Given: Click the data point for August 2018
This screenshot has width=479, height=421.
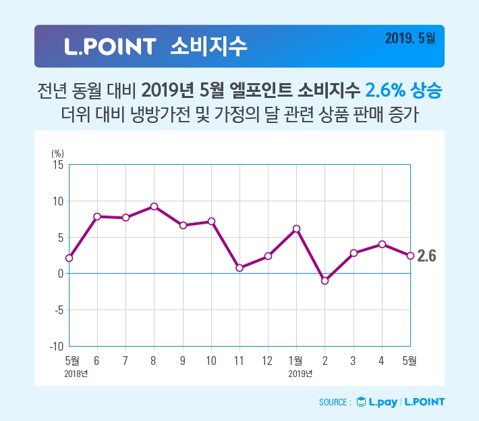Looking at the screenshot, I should [x=154, y=206].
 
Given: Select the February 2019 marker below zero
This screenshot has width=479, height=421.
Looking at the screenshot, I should [x=325, y=280].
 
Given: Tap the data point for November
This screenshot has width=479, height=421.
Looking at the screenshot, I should [x=239, y=268].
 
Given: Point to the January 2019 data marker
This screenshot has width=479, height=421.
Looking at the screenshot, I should [x=296, y=228].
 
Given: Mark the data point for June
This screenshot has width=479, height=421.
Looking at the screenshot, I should [x=97, y=216].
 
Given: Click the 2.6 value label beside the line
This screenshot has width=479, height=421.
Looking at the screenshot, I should [x=427, y=256].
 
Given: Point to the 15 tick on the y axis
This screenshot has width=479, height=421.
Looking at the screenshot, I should [x=57, y=165].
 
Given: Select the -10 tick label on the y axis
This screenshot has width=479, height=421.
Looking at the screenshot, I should [x=55, y=346].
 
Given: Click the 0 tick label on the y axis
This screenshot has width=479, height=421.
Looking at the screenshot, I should [x=60, y=274].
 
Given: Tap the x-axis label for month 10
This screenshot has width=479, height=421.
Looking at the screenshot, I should [x=210, y=360].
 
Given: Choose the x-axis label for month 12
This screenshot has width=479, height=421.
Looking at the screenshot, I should [x=267, y=360].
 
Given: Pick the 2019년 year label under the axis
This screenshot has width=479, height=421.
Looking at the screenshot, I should [x=300, y=373].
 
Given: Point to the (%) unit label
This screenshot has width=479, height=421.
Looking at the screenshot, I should [x=57, y=153].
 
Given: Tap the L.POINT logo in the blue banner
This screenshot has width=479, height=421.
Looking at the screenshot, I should [x=111, y=47].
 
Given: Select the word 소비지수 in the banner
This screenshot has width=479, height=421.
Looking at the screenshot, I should [x=209, y=46].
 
